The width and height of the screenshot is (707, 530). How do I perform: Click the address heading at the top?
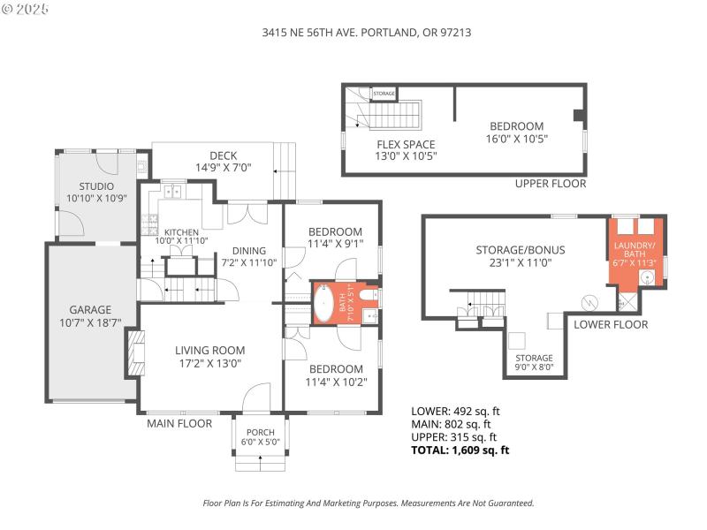coord(353,31)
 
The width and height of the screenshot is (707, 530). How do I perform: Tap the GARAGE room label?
coord(91,310)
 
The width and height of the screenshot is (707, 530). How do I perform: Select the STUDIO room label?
coord(97,186)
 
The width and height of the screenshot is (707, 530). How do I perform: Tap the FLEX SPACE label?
coord(406,144)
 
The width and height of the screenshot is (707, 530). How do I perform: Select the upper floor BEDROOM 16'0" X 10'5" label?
coord(517,126)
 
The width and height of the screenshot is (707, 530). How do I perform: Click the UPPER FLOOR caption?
coord(551,184)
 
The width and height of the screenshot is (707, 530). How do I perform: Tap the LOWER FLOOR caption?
coord(611,324)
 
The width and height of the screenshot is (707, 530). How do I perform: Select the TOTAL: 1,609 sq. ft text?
coord(460,450)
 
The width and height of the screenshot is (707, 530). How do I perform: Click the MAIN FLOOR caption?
coord(179,423)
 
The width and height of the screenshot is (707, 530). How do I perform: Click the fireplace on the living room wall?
coord(134,352)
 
